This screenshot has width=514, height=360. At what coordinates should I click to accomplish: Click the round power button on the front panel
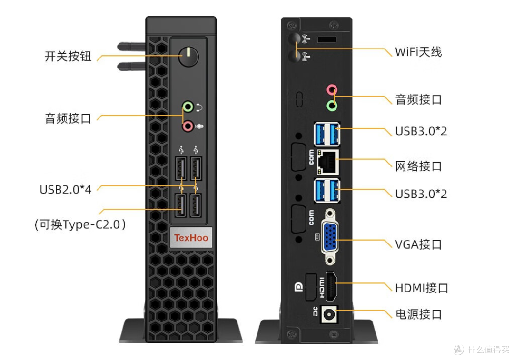(x=188, y=56)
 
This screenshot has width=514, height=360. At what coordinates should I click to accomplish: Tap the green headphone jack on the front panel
(x=188, y=107)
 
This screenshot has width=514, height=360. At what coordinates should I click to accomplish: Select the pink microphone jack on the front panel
(x=188, y=126)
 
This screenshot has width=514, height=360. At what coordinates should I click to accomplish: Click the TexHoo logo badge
(x=191, y=237)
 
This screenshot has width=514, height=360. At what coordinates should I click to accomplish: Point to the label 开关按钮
(x=68, y=56)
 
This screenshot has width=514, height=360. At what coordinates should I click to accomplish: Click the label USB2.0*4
(x=66, y=189)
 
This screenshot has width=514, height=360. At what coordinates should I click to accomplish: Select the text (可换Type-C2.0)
(x=80, y=225)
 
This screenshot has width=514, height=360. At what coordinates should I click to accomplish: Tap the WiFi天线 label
(x=418, y=52)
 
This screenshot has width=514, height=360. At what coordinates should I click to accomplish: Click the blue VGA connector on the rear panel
(x=330, y=237)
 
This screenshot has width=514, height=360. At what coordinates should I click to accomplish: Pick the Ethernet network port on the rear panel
(x=328, y=162)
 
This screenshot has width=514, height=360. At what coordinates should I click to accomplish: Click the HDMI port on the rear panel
(x=331, y=286)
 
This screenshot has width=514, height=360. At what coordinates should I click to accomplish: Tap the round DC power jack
(x=329, y=314)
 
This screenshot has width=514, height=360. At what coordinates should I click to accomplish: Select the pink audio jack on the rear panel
(x=332, y=89)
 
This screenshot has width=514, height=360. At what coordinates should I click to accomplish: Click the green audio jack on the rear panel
(x=332, y=106)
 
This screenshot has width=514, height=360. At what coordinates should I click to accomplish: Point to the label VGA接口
(x=418, y=244)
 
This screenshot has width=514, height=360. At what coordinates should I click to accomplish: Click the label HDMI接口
(x=422, y=288)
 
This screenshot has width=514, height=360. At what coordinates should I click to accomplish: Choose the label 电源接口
(x=419, y=314)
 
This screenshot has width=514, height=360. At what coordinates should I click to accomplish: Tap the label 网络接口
(x=419, y=166)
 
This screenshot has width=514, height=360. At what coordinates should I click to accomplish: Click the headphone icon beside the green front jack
(x=199, y=107)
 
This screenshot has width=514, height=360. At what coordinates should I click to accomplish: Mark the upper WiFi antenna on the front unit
(x=131, y=47)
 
